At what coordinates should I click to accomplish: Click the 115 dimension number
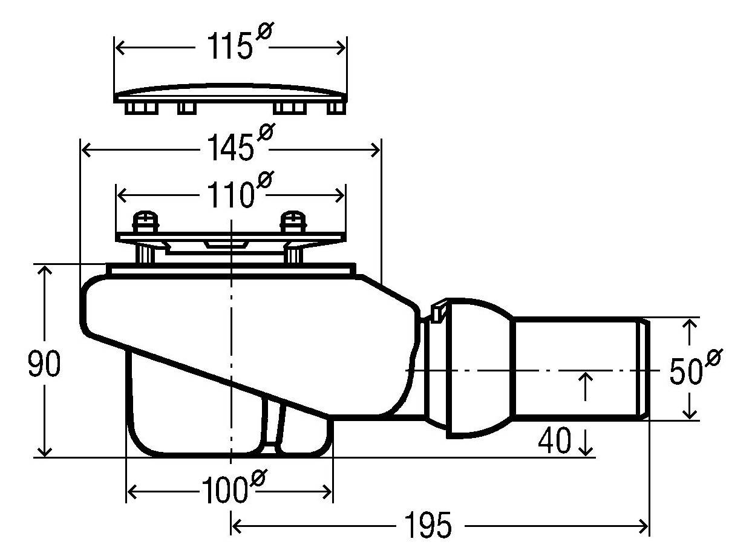[228, 47]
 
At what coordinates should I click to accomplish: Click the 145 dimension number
[229, 148]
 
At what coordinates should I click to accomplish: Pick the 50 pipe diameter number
[685, 371]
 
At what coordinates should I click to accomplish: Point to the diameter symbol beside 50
[713, 358]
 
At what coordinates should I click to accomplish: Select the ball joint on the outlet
[478, 367]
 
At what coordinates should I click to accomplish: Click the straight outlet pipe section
[578, 367]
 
